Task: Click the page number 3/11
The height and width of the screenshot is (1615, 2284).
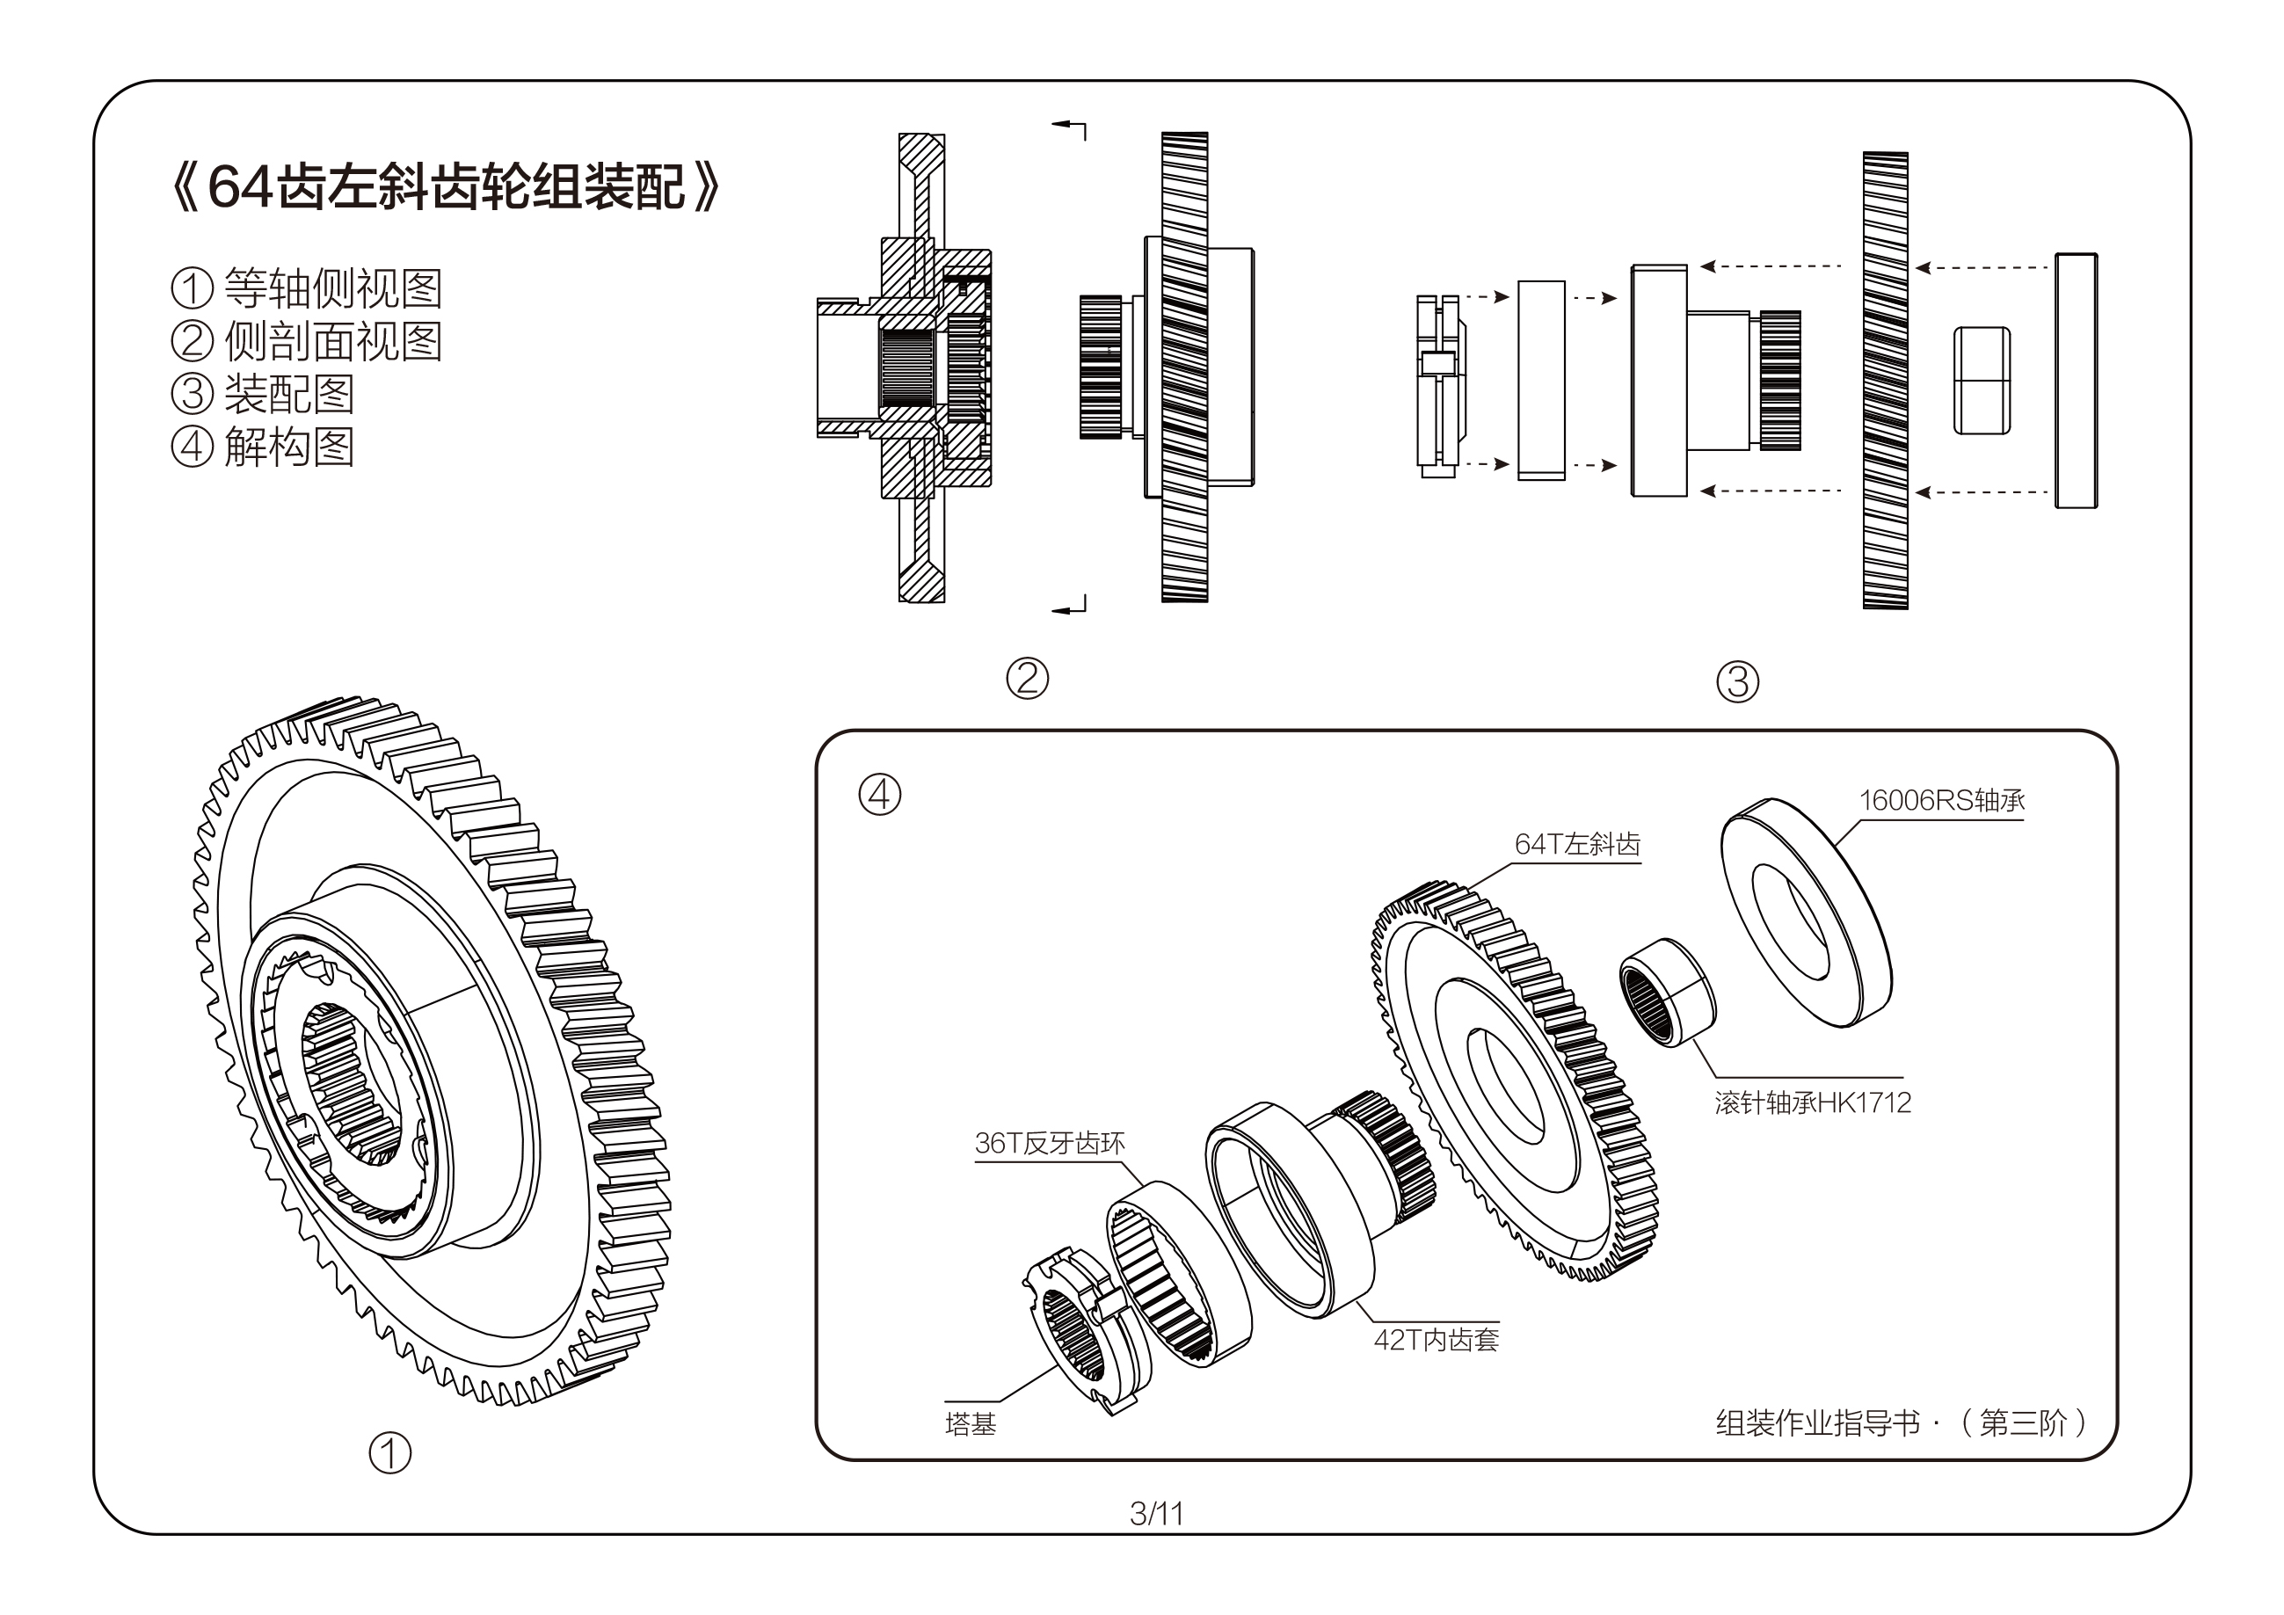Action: (x=1156, y=1514)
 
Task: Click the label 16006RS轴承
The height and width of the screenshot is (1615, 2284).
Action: (x=1941, y=800)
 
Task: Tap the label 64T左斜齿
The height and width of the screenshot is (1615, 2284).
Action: (x=1576, y=844)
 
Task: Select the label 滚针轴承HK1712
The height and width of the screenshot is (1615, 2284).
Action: (x=1813, y=1102)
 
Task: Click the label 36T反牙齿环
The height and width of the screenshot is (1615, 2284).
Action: (x=1050, y=1144)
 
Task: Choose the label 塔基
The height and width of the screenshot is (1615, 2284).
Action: (x=970, y=1424)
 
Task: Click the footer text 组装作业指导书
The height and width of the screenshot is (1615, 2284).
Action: (x=1817, y=1423)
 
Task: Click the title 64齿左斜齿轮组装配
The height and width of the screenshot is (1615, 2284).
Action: (x=446, y=186)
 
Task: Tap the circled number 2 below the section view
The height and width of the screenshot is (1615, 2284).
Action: (x=1028, y=679)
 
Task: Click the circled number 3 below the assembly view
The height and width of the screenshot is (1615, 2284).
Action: (x=1738, y=681)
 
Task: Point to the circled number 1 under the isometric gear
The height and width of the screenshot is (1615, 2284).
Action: (x=390, y=1453)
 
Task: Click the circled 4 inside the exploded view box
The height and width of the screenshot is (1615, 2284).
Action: (x=879, y=795)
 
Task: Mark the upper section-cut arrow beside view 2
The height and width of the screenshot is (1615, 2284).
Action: (x=1069, y=127)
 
